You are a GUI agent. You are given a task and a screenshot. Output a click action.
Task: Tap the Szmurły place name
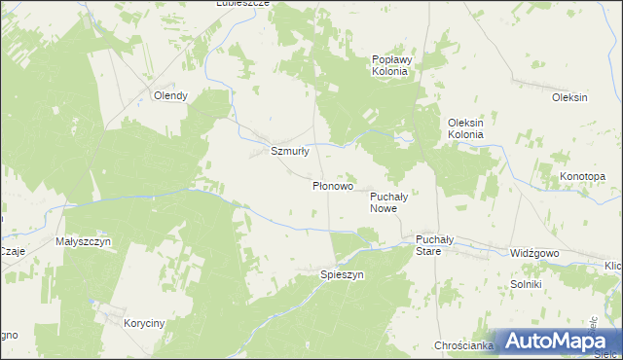[289, 151]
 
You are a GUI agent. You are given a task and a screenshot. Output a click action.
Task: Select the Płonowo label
[332, 185]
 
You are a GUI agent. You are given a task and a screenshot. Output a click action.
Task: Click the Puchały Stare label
[429, 244]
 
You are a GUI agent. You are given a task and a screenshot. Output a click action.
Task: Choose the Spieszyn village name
[342, 275]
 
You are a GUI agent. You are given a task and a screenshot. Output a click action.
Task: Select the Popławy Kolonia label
[392, 64]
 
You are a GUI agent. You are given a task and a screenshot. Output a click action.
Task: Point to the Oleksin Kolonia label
[465, 127]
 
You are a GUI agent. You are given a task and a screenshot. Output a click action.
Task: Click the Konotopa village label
[583, 176]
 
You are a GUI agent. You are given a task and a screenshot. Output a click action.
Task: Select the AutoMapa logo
[556, 341]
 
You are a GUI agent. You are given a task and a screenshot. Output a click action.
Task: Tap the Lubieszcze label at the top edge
[242, 4]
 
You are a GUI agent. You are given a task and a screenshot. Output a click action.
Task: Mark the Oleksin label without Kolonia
[569, 97]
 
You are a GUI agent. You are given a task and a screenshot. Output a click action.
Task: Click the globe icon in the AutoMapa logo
[507, 341]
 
